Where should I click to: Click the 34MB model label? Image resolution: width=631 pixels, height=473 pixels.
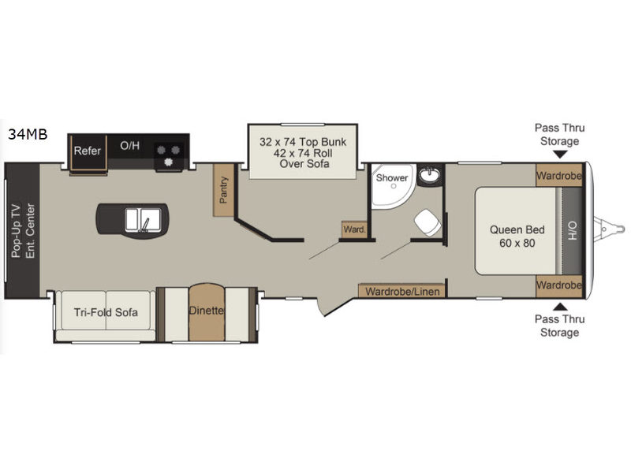tap(28, 134)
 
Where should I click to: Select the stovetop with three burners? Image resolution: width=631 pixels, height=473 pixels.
tap(169, 155)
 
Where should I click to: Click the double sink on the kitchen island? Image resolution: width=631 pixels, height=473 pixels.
tap(143, 220)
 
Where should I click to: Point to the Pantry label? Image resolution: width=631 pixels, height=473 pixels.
tap(223, 190)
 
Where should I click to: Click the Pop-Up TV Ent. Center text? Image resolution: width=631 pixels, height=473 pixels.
tap(23, 230)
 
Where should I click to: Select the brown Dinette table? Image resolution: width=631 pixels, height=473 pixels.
tap(207, 312)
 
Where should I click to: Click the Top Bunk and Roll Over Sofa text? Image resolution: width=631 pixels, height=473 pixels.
tap(303, 152)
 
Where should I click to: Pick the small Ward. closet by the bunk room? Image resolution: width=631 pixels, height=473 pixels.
tap(354, 229)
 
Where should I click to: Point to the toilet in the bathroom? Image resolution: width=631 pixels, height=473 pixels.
tap(427, 222)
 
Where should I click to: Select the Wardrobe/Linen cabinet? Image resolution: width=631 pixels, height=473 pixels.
tap(402, 291)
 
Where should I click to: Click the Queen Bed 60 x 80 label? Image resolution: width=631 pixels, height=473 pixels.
tap(517, 236)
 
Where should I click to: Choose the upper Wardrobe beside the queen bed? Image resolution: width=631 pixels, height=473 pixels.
tap(559, 175)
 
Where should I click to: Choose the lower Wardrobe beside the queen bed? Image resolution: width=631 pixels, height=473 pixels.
tap(559, 286)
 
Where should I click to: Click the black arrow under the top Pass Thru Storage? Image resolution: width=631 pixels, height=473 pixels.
tap(560, 155)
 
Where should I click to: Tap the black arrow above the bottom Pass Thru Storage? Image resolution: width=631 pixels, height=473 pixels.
tap(560, 307)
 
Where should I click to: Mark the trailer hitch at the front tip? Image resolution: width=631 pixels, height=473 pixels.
tap(609, 229)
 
